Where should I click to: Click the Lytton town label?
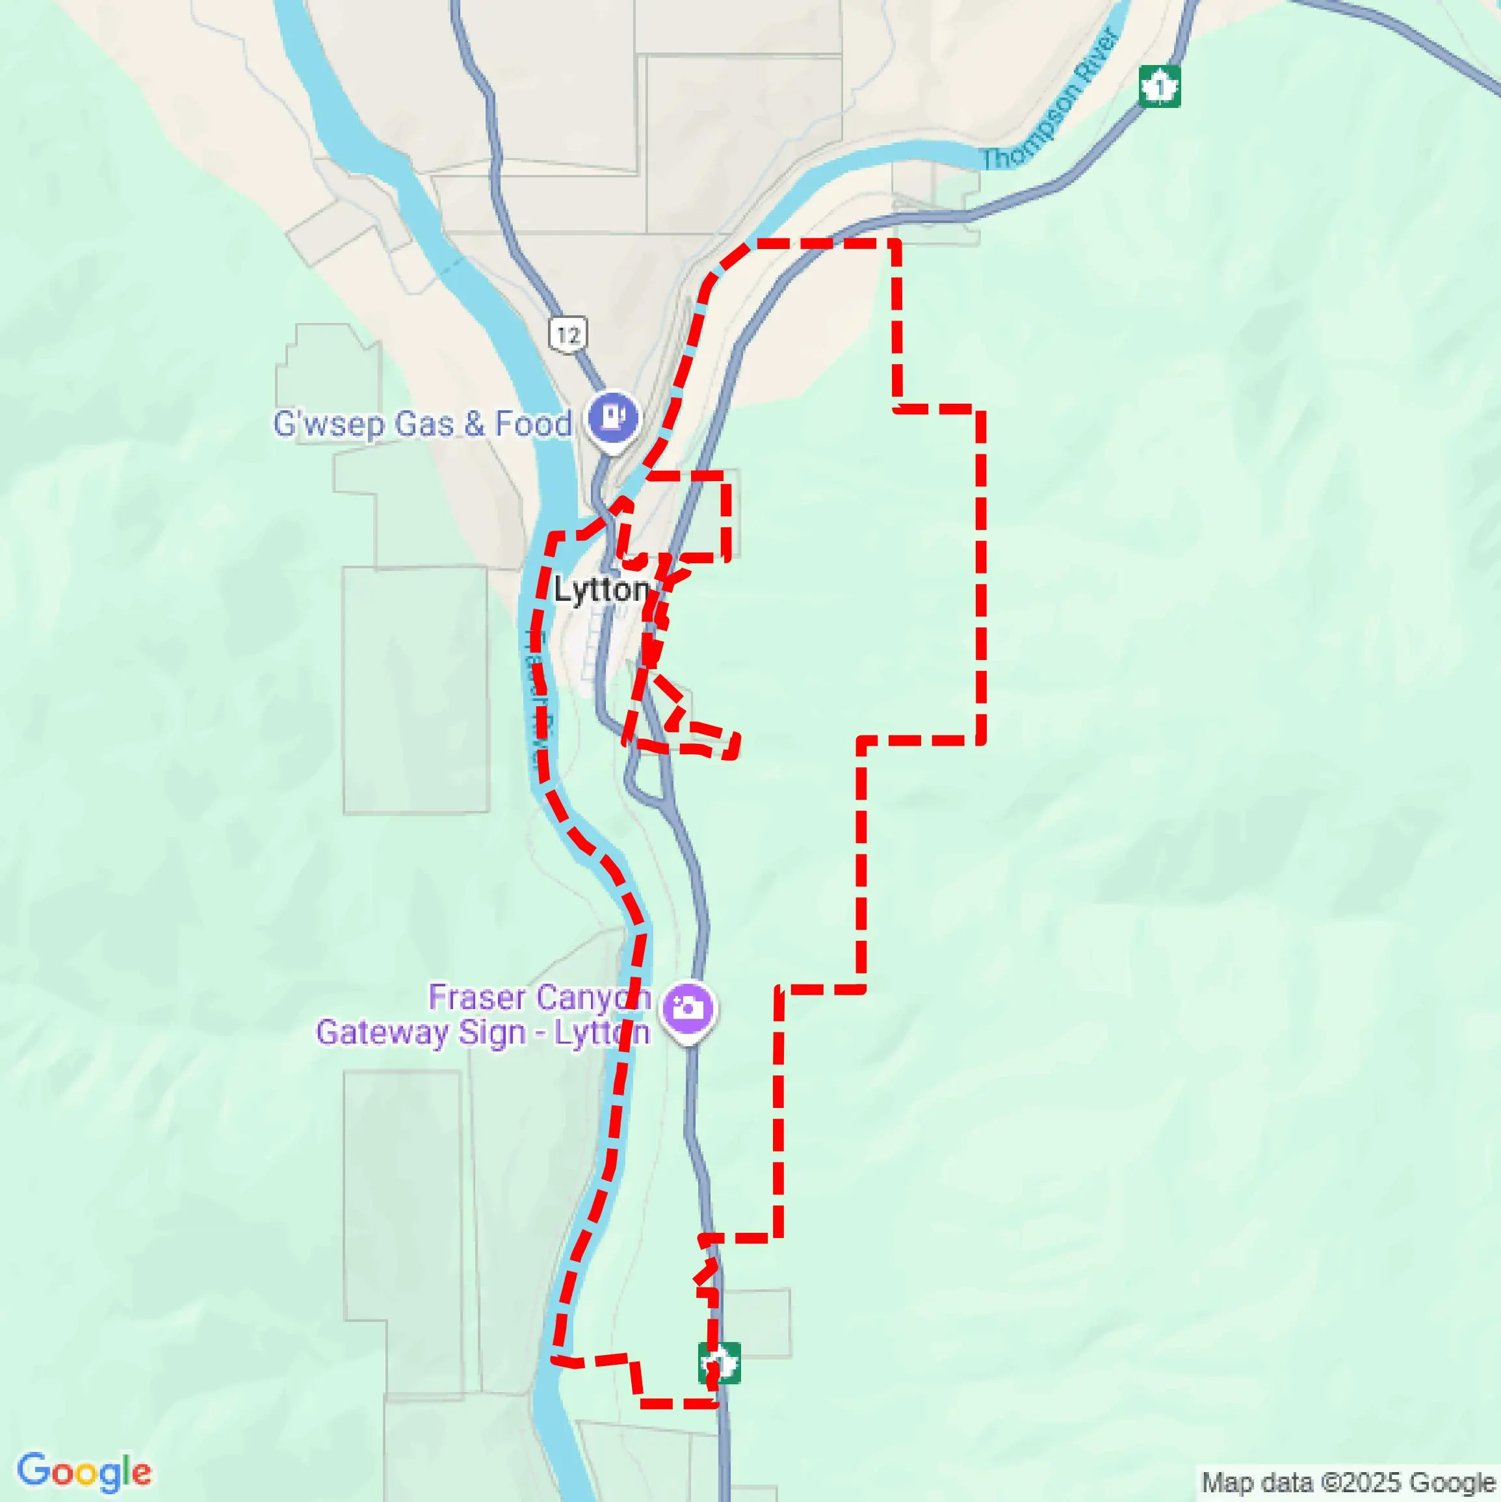coord(601,589)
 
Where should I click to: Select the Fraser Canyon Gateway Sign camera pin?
coord(688,1008)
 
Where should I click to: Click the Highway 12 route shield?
coord(568,335)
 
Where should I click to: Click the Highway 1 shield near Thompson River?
coord(1160,86)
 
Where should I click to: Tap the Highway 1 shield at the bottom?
coord(719,1362)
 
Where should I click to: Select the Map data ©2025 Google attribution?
coord(1350,1482)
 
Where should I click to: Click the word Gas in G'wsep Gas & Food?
coord(424,425)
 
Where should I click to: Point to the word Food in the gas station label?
coord(533,425)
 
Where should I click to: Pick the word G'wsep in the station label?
coord(330,425)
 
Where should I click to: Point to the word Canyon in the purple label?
coord(592,997)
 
